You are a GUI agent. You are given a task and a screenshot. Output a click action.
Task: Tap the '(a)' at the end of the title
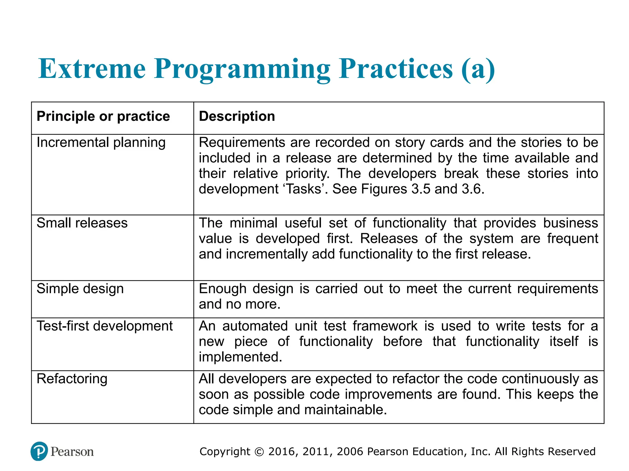(x=478, y=69)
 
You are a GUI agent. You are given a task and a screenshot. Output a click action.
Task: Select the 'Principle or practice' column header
(x=103, y=117)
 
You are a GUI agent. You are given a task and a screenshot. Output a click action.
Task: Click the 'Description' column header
(x=237, y=117)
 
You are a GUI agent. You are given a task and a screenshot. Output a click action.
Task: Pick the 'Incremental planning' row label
(x=101, y=143)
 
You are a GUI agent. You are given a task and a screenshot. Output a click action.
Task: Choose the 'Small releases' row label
(x=82, y=223)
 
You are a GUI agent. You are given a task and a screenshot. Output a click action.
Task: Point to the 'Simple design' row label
(x=80, y=289)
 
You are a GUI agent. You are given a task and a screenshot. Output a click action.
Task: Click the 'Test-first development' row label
(x=105, y=326)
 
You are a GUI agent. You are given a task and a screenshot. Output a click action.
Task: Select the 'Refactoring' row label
(x=72, y=379)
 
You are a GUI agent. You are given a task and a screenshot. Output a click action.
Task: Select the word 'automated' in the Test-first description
(x=255, y=326)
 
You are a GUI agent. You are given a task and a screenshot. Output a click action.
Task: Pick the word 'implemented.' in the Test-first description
(x=240, y=357)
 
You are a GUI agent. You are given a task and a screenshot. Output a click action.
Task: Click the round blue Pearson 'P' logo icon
(x=39, y=451)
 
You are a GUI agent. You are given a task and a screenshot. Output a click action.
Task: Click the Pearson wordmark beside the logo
(x=72, y=452)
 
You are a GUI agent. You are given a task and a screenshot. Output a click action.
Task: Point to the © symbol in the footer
(x=259, y=452)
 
